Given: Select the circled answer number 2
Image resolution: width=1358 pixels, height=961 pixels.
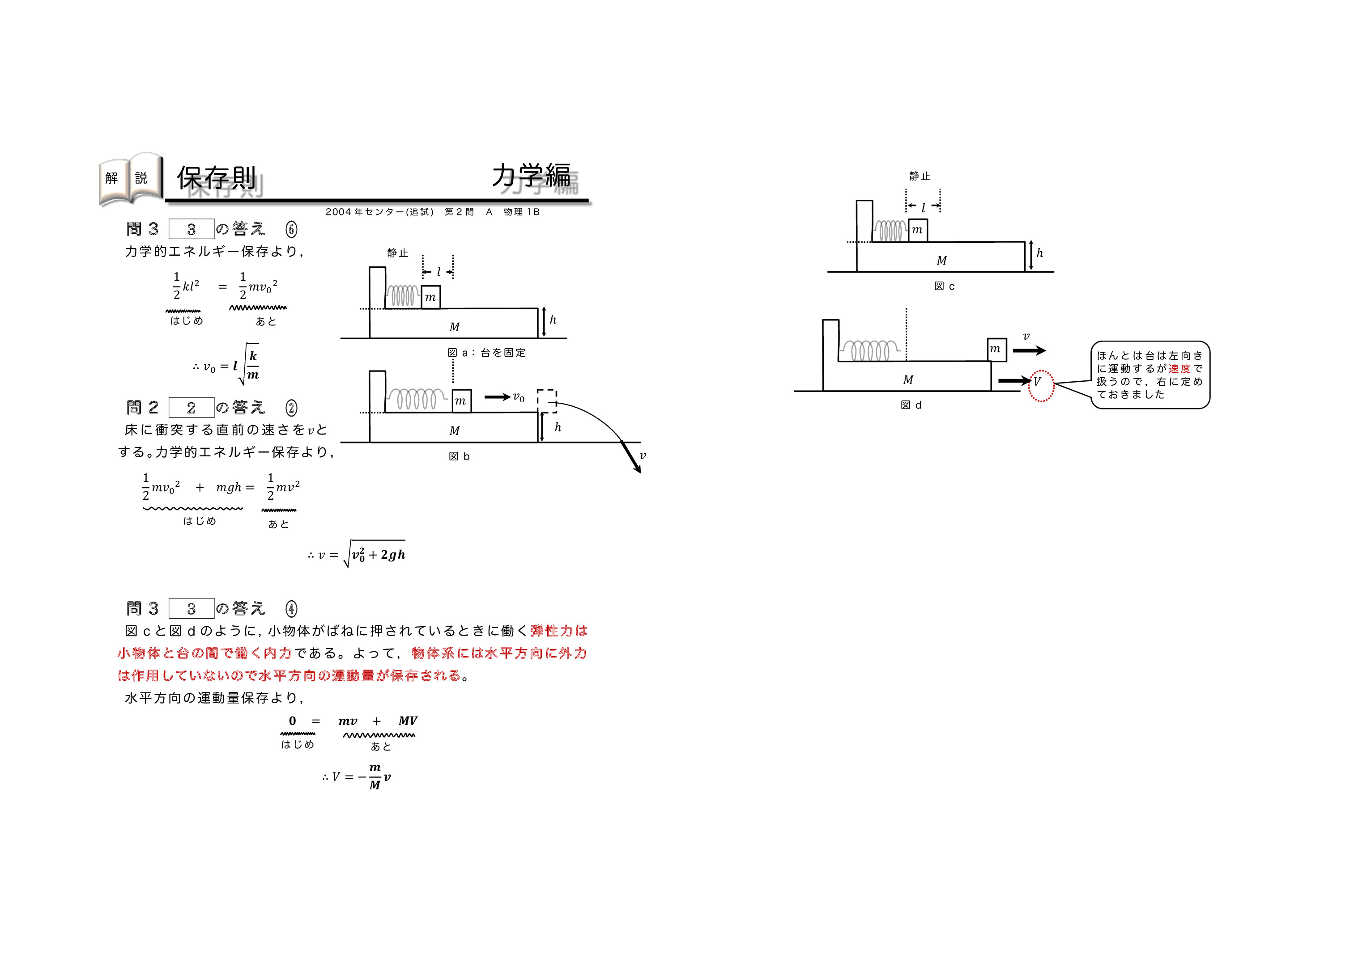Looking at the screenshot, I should [x=291, y=408].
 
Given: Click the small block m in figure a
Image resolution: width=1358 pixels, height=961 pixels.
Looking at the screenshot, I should [x=430, y=297].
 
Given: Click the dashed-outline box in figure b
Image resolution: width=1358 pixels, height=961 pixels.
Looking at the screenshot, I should [x=547, y=400].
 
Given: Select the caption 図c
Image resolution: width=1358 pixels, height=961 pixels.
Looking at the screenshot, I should [x=944, y=287].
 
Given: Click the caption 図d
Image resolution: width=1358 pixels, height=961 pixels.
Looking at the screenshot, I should [x=911, y=405].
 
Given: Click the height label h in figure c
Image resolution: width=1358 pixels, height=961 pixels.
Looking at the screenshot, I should [x=1039, y=253].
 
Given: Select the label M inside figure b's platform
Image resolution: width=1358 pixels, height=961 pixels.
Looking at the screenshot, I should [x=454, y=431].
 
